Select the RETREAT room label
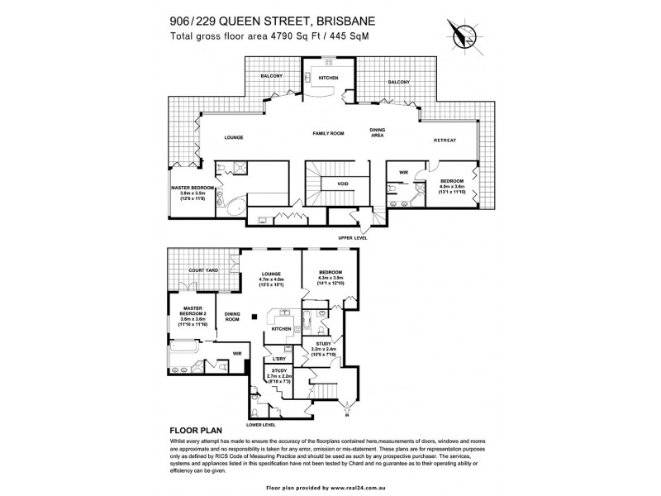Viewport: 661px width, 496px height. pos(445,141)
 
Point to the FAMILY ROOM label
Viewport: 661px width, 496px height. pos(327,133)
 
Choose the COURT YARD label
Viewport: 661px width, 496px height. pos(202,270)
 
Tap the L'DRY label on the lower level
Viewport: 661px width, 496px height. pos(279,358)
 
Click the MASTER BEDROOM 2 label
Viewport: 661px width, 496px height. pos(198,310)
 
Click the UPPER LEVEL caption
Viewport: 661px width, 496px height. pos(353,237)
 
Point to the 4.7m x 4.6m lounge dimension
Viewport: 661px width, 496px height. pos(272,279)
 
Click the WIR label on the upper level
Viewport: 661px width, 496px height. pos(405,173)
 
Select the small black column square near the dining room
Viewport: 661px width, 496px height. pos(255,315)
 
